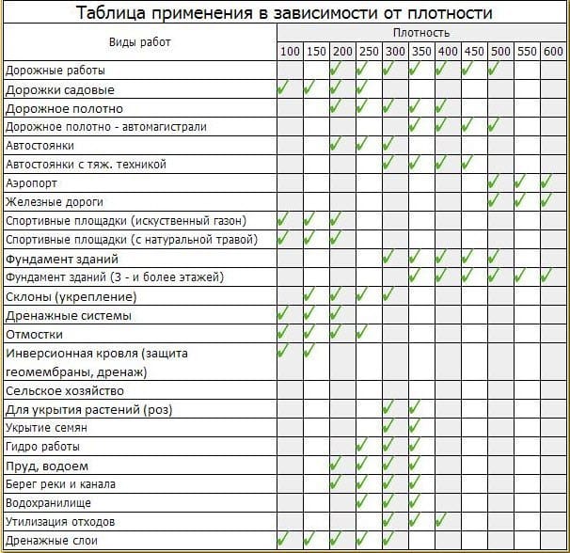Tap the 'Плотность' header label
point(422,33)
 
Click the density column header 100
point(290,50)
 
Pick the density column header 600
point(553,50)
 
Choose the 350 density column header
point(420,50)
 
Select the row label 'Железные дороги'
point(54,202)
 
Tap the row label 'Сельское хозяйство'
point(63,390)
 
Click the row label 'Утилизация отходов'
point(60,522)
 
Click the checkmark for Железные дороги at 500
point(494,201)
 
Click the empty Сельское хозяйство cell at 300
point(394,390)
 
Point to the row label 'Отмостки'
point(34,334)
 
